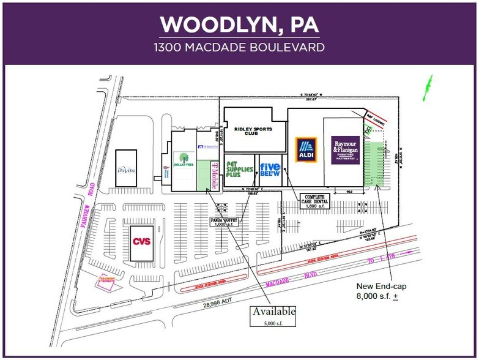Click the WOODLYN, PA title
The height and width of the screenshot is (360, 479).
(x=239, y=24)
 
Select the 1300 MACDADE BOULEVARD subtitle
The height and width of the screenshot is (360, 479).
(x=239, y=47)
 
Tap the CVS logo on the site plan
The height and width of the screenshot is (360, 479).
(x=142, y=241)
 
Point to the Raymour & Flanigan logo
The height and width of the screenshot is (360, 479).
(x=346, y=149)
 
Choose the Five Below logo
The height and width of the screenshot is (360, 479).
(x=270, y=170)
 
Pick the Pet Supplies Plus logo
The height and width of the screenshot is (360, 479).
(x=240, y=170)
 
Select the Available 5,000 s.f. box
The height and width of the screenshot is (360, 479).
(x=273, y=315)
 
